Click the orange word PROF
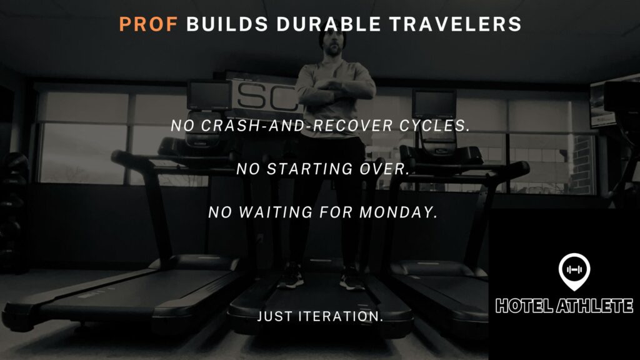pos(148,24)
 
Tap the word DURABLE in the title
pos(329,24)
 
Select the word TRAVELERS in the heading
pos(456,24)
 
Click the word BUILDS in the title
pos(227,24)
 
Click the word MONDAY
pos(398,212)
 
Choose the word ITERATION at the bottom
pos(341,316)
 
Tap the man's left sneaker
pos(352,279)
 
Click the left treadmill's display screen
pos(209,95)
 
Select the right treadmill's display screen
pos(434,103)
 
